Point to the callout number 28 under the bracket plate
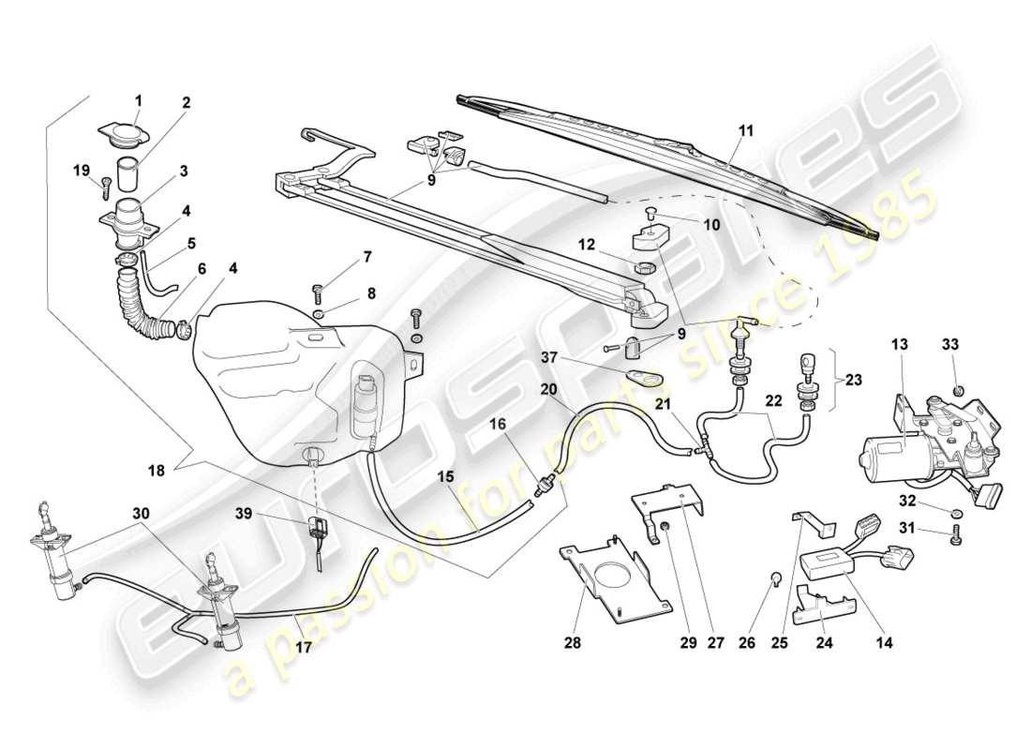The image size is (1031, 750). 574,644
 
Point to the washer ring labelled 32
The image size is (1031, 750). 953,513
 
